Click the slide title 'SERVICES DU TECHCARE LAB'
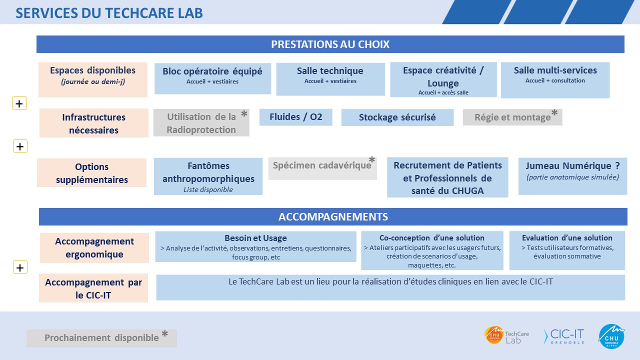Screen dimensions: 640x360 coord(109,13)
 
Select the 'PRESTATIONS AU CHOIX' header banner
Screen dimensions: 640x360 coord(330,44)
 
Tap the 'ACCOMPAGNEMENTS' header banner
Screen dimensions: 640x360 coord(333,216)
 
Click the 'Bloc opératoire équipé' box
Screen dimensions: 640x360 coord(212,78)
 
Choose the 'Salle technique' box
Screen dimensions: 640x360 coord(330,79)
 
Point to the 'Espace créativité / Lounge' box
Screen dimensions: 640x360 coord(443,79)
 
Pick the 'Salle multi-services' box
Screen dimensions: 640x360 coord(555,80)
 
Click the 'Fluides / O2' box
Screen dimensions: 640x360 coord(295,117)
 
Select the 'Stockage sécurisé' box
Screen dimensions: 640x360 coord(397,117)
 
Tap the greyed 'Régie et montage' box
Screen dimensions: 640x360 coord(512,117)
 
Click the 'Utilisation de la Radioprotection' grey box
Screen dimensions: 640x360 coord(201,122)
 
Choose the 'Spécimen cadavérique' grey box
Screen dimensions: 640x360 coord(322,168)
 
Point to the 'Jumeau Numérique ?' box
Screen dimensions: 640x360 coord(572,176)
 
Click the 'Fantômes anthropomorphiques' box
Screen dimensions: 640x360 coord(208,176)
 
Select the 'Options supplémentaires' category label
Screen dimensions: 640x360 coord(91,173)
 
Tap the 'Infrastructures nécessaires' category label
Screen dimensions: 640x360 coord(93,123)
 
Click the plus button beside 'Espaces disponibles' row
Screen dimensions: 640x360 coord(19,103)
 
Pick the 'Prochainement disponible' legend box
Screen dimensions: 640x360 coord(101,338)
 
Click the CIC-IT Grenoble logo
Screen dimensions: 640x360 coord(564,336)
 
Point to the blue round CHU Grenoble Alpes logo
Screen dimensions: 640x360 coord(611,336)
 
